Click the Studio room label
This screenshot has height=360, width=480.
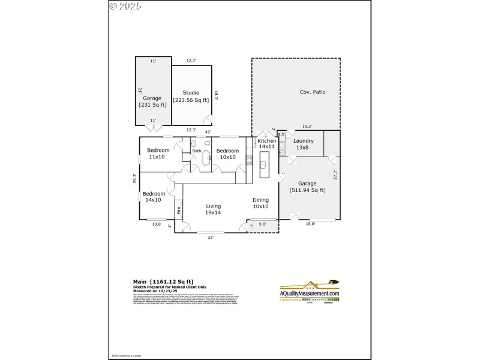(x=191, y=96)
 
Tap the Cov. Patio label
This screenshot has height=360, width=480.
(x=313, y=92)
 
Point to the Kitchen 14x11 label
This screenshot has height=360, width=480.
(x=266, y=143)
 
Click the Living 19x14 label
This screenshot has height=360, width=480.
(x=214, y=209)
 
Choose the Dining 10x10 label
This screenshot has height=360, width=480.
(x=260, y=203)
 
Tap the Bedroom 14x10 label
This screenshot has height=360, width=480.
(x=154, y=197)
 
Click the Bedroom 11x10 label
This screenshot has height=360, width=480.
(x=158, y=154)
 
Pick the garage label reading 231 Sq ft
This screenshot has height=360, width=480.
(x=152, y=101)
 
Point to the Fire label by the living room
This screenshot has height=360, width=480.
(x=178, y=211)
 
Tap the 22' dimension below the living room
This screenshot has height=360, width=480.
(x=210, y=238)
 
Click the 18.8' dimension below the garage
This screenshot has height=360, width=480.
(x=310, y=224)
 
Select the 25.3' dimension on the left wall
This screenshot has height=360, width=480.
(x=135, y=178)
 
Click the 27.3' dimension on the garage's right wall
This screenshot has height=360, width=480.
(x=335, y=175)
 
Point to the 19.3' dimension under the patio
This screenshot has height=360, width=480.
(x=307, y=127)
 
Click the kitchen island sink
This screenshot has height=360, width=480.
(x=263, y=164)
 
